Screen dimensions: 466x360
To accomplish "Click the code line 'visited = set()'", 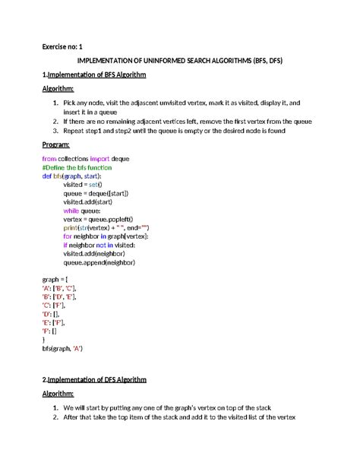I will (x=83, y=185).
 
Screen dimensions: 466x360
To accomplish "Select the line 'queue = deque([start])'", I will (x=96, y=193).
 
